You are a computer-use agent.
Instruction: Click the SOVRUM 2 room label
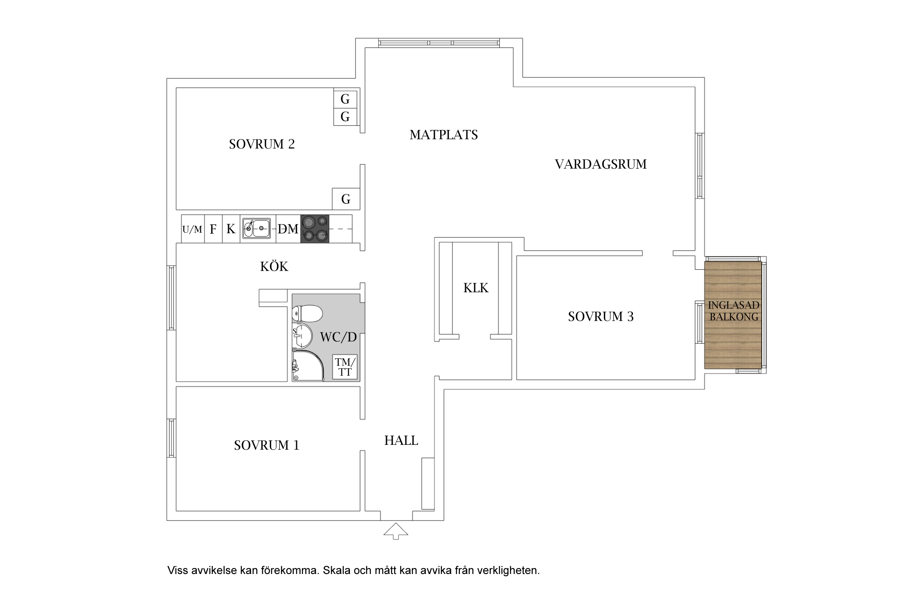262,144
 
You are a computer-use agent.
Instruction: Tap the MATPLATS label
443,135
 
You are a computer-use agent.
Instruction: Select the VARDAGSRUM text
601,164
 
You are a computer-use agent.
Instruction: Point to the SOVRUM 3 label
601,317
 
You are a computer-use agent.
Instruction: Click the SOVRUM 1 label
267,445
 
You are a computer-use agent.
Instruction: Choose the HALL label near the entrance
401,441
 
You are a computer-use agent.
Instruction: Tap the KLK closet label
476,288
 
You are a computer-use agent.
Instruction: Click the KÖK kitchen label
274,266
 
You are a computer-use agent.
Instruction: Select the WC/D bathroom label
338,337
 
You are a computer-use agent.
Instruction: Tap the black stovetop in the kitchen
315,229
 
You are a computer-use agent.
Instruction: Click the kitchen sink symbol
256,228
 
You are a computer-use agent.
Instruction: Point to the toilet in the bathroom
307,314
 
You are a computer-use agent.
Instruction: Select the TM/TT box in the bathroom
345,367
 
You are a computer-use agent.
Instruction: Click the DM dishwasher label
288,229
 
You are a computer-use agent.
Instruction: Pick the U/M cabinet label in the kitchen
192,230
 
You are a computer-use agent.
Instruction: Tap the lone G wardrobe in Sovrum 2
346,199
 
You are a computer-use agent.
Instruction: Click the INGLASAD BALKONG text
733,311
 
